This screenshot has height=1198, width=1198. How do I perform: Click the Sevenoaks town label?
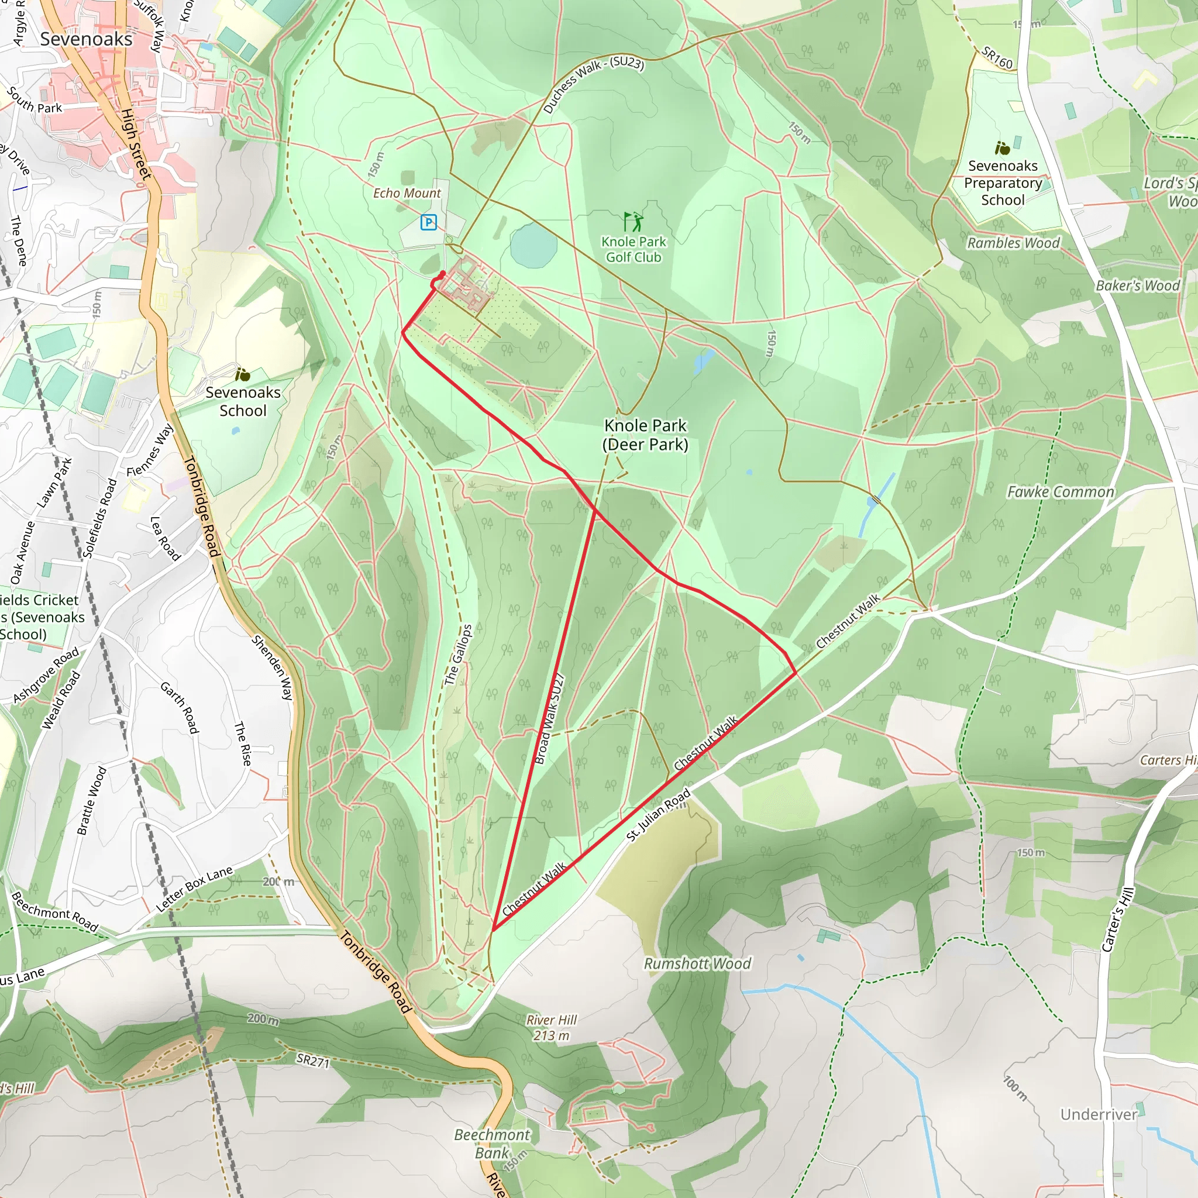coord(86,39)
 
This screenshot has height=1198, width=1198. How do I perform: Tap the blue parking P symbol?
coord(428,222)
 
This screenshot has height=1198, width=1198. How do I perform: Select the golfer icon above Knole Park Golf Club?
coord(633,221)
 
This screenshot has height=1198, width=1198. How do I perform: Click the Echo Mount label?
coord(407,194)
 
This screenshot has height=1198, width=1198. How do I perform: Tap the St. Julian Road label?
coord(658,815)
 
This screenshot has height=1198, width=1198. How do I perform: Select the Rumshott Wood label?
coord(697,963)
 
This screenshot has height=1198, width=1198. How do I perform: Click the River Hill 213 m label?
coord(551,1027)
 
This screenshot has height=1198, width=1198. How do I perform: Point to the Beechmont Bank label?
coord(492,1144)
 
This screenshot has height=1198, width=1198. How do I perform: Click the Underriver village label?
coord(1099,1114)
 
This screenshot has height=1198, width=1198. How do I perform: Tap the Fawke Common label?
coord(1061,493)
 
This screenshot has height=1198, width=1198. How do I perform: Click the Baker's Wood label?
coord(1137,286)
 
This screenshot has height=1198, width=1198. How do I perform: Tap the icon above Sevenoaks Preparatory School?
coord(1002,148)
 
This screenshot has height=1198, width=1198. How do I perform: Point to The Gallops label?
coord(458,655)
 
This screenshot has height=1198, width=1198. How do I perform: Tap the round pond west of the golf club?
coord(533,244)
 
